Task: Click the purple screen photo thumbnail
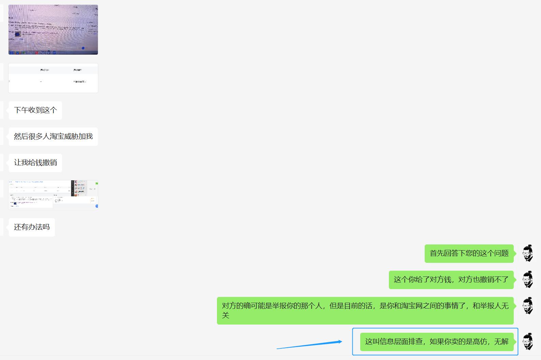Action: click(53, 30)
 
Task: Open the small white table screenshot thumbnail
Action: click(53, 78)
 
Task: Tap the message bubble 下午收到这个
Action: click(35, 110)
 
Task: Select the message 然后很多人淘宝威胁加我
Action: click(53, 136)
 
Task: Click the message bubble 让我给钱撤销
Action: click(35, 163)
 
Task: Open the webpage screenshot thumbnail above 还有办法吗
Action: click(53, 195)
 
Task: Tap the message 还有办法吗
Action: click(32, 227)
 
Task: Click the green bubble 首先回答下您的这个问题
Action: click(469, 253)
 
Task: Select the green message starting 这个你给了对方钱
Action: click(451, 280)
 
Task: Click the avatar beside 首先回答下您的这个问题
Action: click(528, 253)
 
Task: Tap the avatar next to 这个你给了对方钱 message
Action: click(528, 280)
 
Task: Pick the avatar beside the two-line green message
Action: click(528, 306)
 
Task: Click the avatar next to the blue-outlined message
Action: click(528, 341)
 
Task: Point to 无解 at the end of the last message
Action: click(501, 341)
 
